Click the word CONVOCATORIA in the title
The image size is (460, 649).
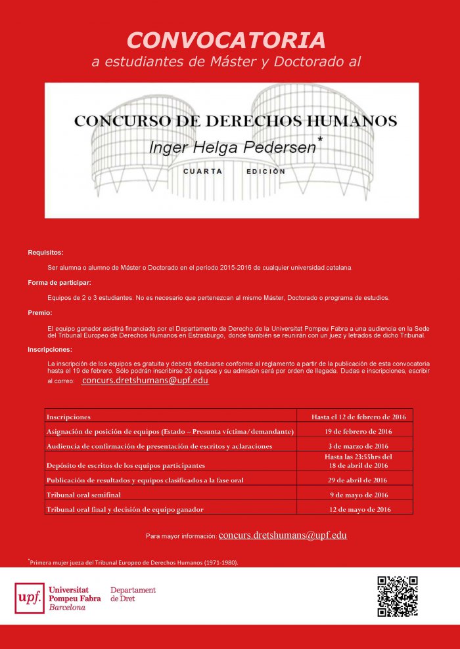point(227,40)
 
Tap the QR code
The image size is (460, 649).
point(398,596)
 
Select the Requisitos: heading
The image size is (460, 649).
point(46,253)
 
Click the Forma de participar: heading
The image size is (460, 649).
point(59,283)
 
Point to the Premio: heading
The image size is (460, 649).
point(40,313)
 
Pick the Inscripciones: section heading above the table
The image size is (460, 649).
point(50,350)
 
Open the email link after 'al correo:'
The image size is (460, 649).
point(145,381)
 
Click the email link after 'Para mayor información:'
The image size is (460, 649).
point(283,535)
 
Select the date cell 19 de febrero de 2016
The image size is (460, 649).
point(358,431)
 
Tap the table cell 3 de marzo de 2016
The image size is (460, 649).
point(358,446)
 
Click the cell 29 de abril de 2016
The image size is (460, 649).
point(358,480)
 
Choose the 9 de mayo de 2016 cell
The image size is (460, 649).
point(358,495)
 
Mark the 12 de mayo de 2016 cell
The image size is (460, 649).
point(358,510)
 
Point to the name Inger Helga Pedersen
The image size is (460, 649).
point(232,147)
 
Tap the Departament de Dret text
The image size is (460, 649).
point(133,595)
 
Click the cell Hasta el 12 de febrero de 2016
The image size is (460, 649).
point(358,417)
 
